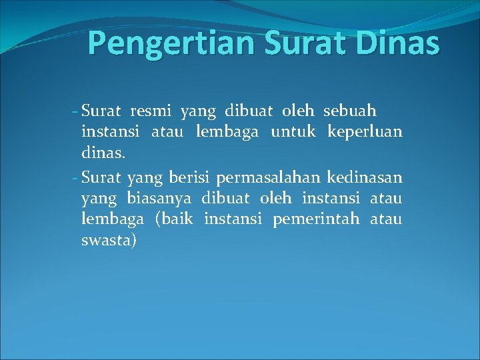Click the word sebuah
[350, 110]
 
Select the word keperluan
[365, 132]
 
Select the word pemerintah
[316, 219]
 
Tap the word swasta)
[109, 240]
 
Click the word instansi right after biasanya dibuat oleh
[331, 197]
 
